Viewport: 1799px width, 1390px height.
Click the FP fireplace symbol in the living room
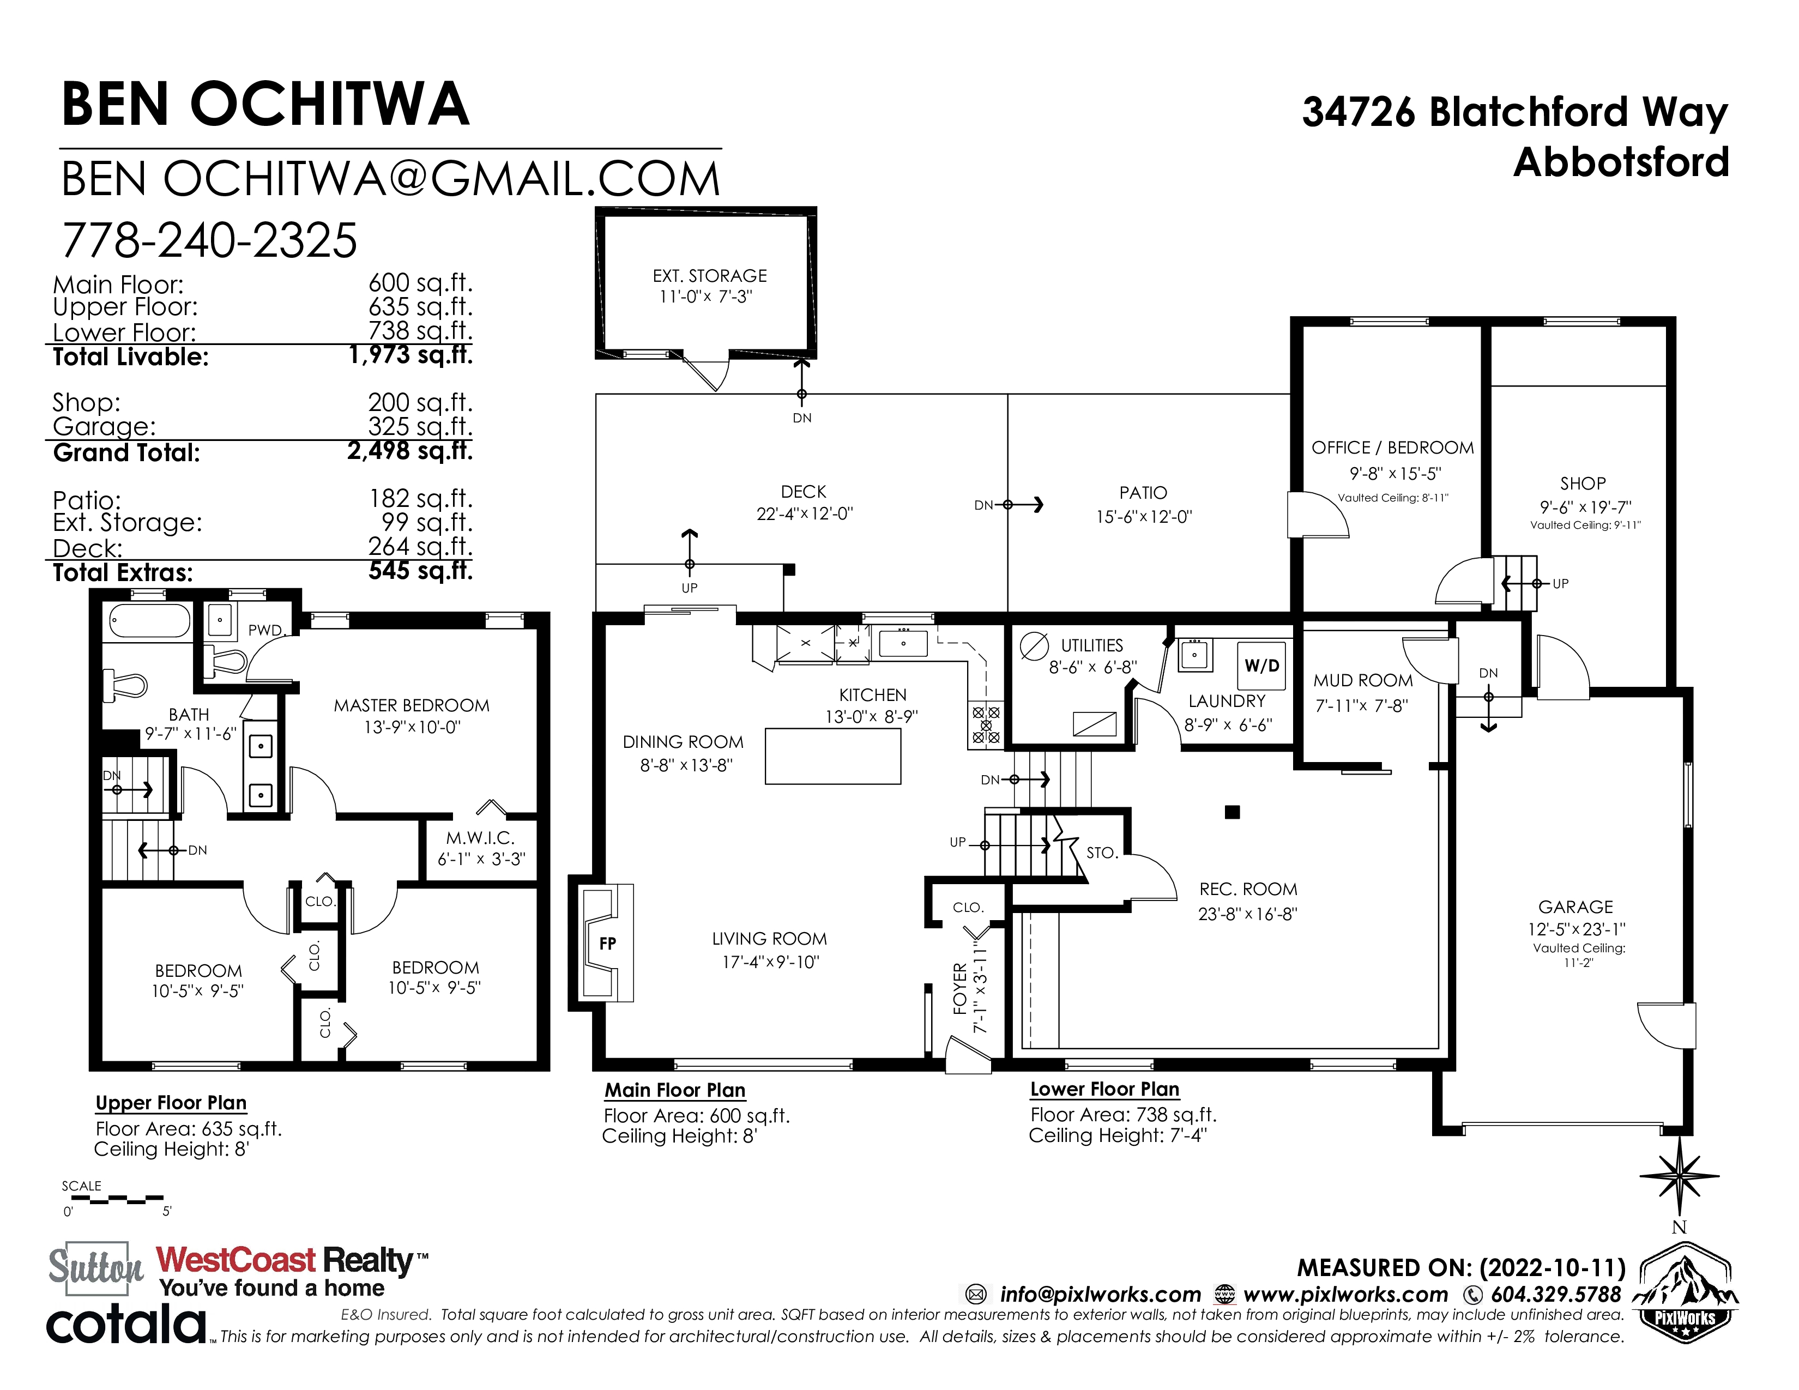[606, 943]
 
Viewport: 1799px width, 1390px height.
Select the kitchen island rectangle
[833, 756]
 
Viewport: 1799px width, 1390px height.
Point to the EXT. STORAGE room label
[709, 276]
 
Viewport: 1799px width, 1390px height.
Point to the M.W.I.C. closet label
[480, 838]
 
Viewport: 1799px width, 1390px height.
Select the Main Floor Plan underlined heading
[675, 1090]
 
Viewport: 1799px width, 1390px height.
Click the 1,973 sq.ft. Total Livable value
[410, 355]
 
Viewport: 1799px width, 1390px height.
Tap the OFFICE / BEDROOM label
[1393, 448]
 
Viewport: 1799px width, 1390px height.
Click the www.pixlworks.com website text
[1345, 1295]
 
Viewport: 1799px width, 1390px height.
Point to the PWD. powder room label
[266, 630]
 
